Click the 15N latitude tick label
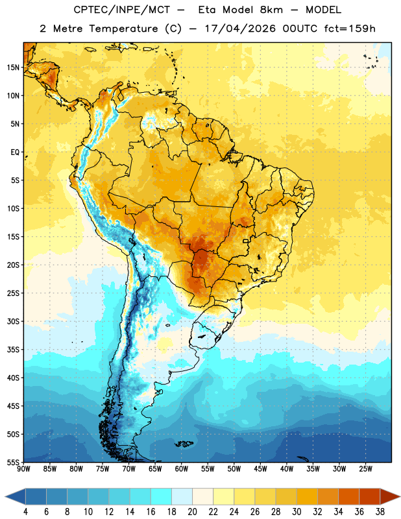click(x=13, y=67)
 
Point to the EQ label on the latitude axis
click(x=15, y=152)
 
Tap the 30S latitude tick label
click(x=13, y=321)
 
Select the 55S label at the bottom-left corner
click(x=13, y=463)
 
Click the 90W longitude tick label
click(x=23, y=469)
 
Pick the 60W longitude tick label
click(x=182, y=469)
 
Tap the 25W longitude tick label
click(x=365, y=469)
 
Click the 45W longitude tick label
click(x=260, y=469)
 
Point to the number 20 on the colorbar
click(x=192, y=512)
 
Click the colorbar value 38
click(x=380, y=512)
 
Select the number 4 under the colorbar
click(x=25, y=512)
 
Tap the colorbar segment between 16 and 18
click(x=162, y=496)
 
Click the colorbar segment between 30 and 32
click(x=307, y=496)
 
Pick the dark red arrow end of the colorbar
click(x=389, y=496)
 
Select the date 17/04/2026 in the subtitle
click(x=240, y=29)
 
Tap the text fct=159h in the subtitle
click(x=350, y=29)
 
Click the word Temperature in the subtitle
click(x=123, y=29)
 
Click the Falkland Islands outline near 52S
click(x=184, y=444)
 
